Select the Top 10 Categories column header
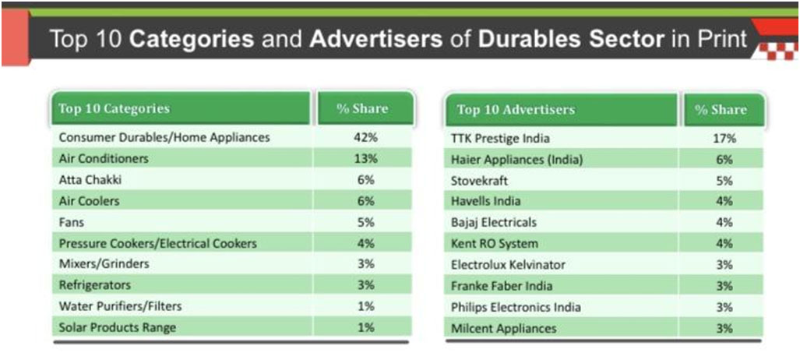114,109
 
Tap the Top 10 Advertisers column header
516,110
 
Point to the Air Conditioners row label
104,158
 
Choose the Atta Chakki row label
90,179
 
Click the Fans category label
72,222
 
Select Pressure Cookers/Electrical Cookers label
157,243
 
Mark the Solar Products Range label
117,327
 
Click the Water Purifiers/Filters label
120,306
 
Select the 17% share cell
724,138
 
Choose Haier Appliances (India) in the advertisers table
516,159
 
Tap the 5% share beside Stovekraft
724,180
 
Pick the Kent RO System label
494,243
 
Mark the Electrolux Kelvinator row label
508,264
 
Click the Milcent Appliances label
503,328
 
